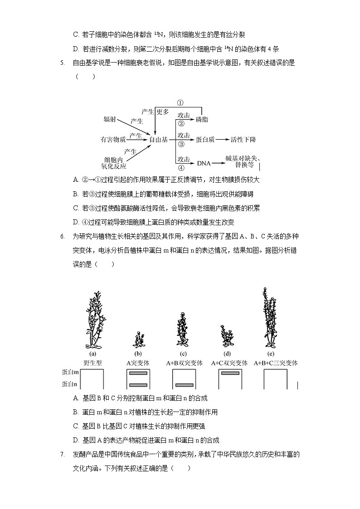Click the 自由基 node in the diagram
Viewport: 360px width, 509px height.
159,140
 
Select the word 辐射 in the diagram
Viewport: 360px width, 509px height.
110,119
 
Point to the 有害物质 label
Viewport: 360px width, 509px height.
113,140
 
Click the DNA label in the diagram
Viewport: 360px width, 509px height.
204,162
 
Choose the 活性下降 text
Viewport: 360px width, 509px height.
243,140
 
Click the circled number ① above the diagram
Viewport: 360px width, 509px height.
180,103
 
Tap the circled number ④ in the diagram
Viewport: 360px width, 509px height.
180,167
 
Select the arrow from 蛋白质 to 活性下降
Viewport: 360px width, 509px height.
222,140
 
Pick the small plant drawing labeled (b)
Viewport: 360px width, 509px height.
138,340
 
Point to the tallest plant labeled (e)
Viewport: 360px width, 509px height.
271,317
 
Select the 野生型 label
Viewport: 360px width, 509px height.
92,363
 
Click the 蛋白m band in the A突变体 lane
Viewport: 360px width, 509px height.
138,373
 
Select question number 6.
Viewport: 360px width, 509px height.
62,236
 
